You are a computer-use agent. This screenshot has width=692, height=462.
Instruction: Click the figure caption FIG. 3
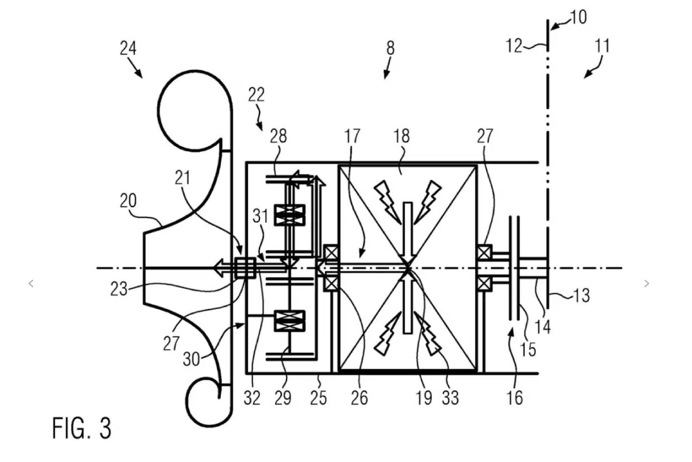pos(81,428)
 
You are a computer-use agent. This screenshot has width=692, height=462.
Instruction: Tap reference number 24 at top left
pos(128,49)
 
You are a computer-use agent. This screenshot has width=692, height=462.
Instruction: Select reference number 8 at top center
pos(390,49)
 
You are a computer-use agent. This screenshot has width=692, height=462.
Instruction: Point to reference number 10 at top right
pos(578,17)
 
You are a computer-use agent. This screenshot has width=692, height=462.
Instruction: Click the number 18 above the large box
pos(401,136)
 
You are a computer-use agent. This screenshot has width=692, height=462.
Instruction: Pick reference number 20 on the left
pos(128,201)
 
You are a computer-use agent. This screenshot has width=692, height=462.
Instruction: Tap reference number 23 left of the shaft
pos(119,290)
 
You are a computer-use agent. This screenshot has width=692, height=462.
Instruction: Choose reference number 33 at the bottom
pos(450,398)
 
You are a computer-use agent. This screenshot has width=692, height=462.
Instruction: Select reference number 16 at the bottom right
pos(514,398)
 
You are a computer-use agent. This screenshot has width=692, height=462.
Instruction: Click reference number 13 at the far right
pos(581,296)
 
